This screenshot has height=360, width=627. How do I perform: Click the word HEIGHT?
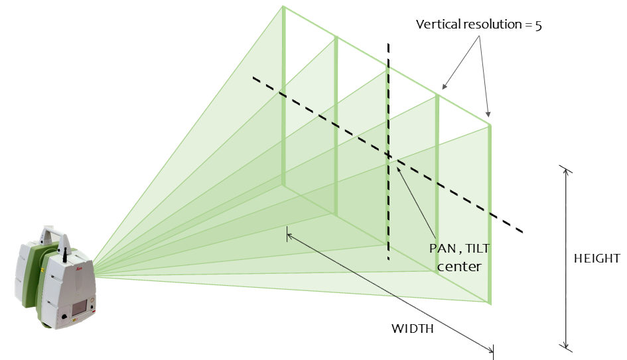pos(596,259)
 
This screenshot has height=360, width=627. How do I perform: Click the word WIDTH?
pos(412,329)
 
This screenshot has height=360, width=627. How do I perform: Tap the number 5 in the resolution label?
pos(539,25)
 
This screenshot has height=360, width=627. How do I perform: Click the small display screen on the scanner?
pos(81,306)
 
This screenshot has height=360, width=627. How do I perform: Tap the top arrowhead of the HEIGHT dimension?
pos(565,171)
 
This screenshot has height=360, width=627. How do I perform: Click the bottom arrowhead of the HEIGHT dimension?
pos(565,344)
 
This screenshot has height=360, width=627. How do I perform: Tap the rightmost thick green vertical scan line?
pos(490,212)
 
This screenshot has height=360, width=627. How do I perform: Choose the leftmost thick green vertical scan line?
pos(283,99)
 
